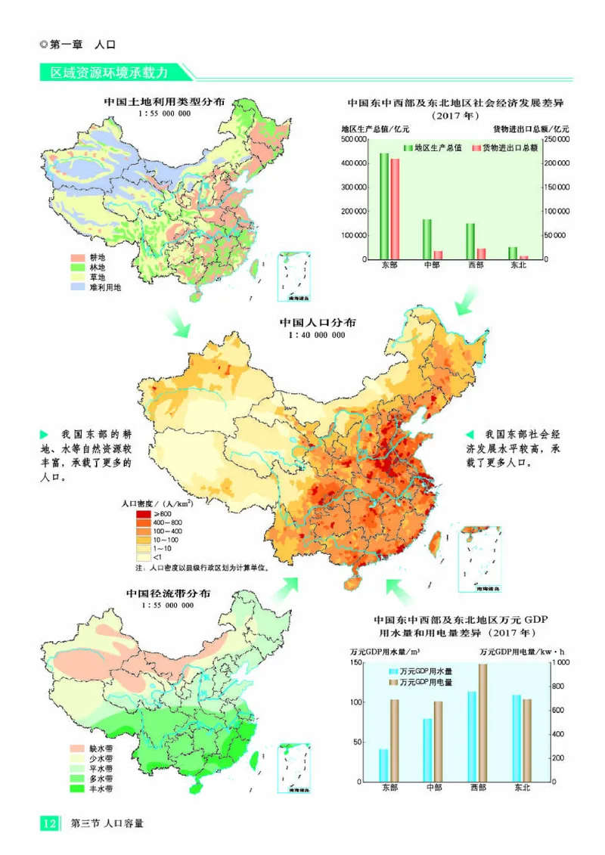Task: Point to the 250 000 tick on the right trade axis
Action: pyautogui.click(x=558, y=139)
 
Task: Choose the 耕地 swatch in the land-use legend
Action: pyautogui.click(x=79, y=258)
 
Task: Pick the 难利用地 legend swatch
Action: pyautogui.click(x=79, y=287)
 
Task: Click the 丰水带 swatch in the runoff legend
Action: pyautogui.click(x=78, y=788)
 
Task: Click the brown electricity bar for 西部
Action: pyautogui.click(x=482, y=723)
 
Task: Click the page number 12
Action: pyautogui.click(x=48, y=822)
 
